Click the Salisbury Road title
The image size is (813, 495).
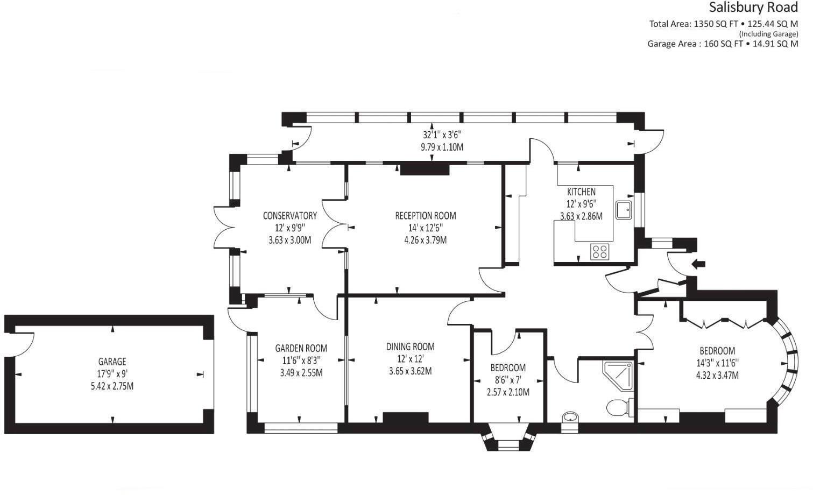click(753, 8)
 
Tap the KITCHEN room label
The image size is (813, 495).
click(581, 192)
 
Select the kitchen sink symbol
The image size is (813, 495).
click(624, 210)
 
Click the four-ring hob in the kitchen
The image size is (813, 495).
click(599, 251)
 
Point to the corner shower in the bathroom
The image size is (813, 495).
click(618, 375)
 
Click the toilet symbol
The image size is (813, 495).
click(619, 407)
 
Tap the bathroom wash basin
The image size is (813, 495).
click(570, 418)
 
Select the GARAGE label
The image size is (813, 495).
click(112, 362)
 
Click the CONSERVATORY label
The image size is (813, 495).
click(289, 216)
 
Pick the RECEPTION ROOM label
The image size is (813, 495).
click(425, 216)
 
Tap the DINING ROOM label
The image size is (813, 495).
click(410, 346)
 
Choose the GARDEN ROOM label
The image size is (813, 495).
click(301, 348)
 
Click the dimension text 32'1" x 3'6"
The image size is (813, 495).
click(442, 135)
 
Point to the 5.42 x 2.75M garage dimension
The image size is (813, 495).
click(112, 386)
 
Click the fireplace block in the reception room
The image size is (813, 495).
click(425, 170)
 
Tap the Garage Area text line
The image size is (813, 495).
click(722, 44)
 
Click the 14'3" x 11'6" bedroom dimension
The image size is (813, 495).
click(717, 363)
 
